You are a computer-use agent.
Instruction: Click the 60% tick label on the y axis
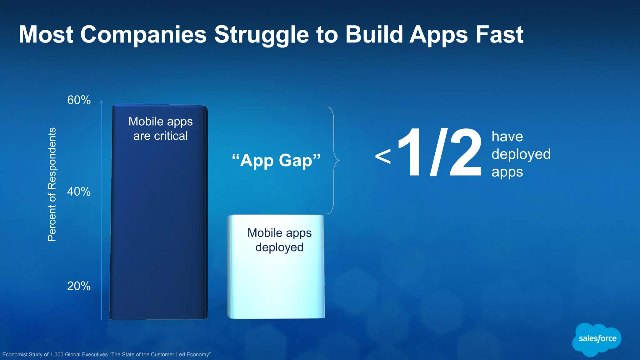click(79, 100)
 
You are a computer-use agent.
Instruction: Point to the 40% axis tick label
click(79, 192)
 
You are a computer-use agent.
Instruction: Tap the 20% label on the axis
click(79, 286)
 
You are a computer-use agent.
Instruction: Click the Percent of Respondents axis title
click(52, 184)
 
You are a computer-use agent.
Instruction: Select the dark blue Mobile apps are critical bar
click(159, 219)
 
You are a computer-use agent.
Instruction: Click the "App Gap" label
click(276, 160)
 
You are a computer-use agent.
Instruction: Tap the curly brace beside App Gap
click(335, 160)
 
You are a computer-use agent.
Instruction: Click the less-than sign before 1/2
click(383, 157)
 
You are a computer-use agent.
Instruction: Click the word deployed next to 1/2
click(521, 154)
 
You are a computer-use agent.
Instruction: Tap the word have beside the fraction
click(507, 137)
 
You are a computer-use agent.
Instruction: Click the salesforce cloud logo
click(597, 339)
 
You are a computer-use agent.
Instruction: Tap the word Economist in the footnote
click(15, 354)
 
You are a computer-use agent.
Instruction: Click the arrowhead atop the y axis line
click(101, 101)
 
